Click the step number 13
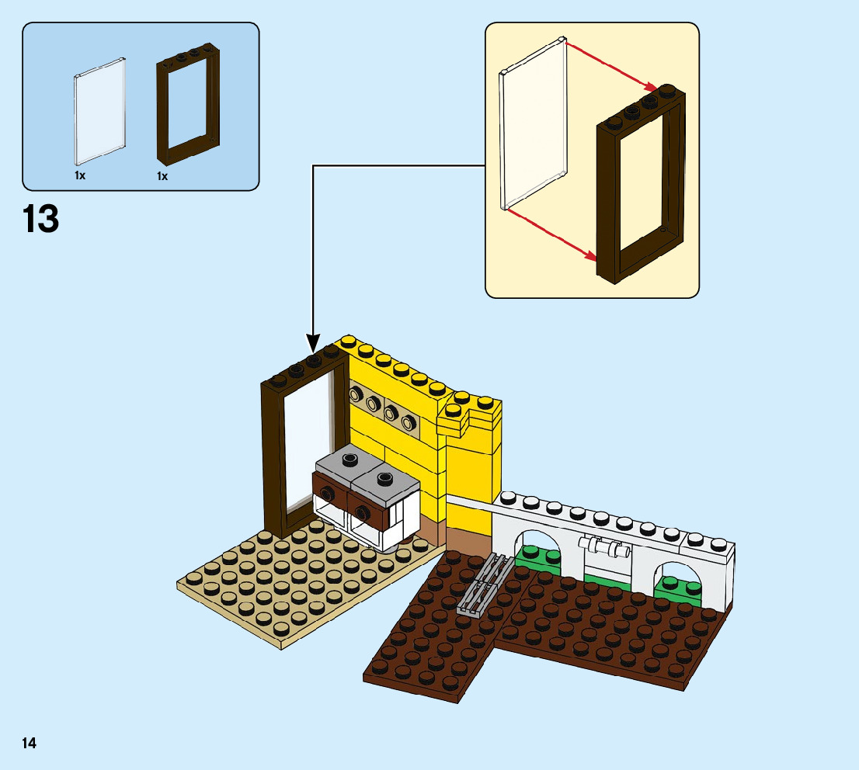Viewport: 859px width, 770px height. click(41, 220)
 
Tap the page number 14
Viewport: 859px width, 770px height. click(29, 744)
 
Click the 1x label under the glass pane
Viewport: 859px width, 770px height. click(80, 176)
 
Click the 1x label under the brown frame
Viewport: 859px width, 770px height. click(162, 176)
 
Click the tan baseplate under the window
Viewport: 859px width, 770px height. click(295, 590)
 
